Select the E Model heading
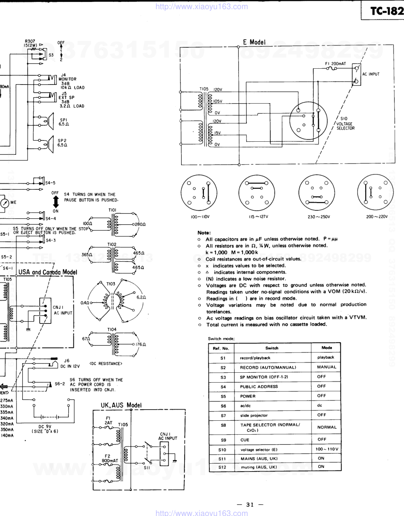coord(254,42)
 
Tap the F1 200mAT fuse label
coord(335,64)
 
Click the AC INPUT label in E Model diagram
coord(371,74)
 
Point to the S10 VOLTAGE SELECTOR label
coord(345,123)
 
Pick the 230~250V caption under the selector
coord(318,217)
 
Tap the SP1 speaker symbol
coord(50,121)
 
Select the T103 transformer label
coord(111,284)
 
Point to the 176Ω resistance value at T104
coord(141,345)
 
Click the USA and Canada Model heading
coord(48,272)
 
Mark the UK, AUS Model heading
coord(121,405)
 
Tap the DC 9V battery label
coord(45,429)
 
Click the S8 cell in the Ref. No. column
coord(223,425)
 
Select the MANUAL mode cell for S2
coord(327,367)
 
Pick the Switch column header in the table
coord(272,348)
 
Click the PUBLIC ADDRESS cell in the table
coord(259,387)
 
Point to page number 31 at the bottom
coord(250,505)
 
